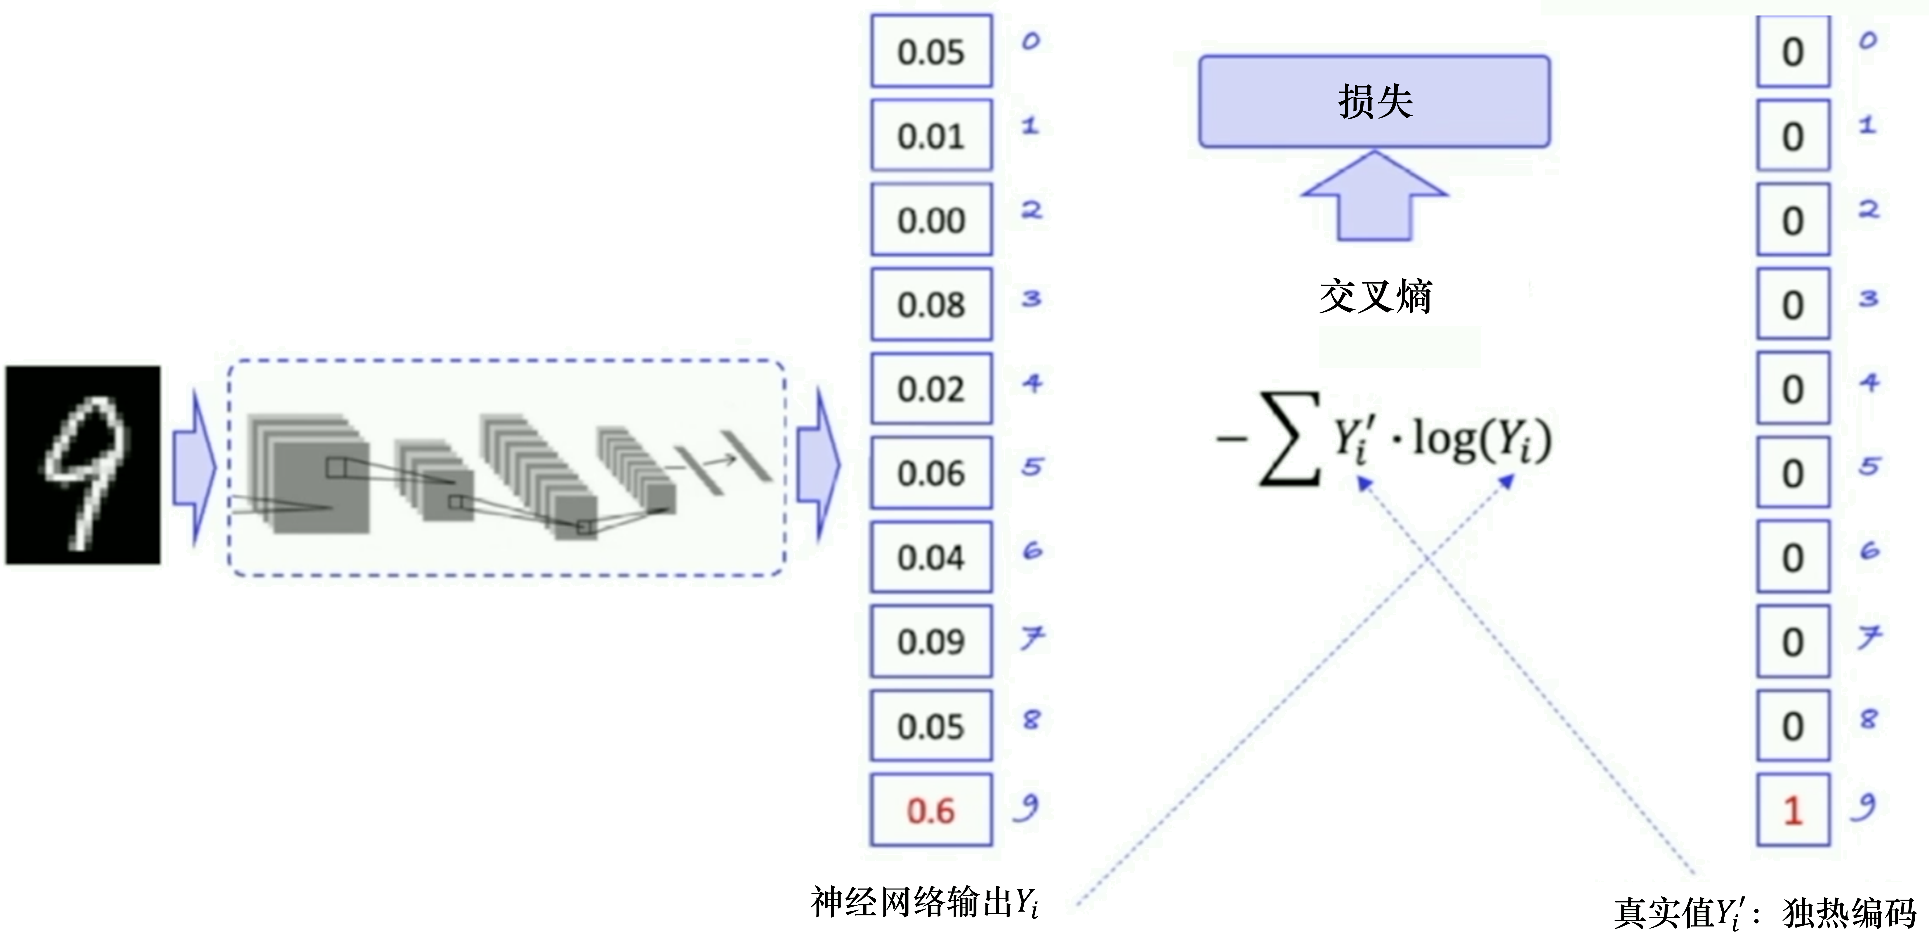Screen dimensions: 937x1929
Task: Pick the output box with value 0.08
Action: coord(931,304)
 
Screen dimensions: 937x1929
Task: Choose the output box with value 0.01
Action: coord(931,136)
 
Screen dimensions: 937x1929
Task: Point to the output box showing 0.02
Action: coord(931,389)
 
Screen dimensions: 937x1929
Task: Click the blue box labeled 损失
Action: coord(1374,101)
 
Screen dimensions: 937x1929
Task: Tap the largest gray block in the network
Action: coord(320,487)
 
